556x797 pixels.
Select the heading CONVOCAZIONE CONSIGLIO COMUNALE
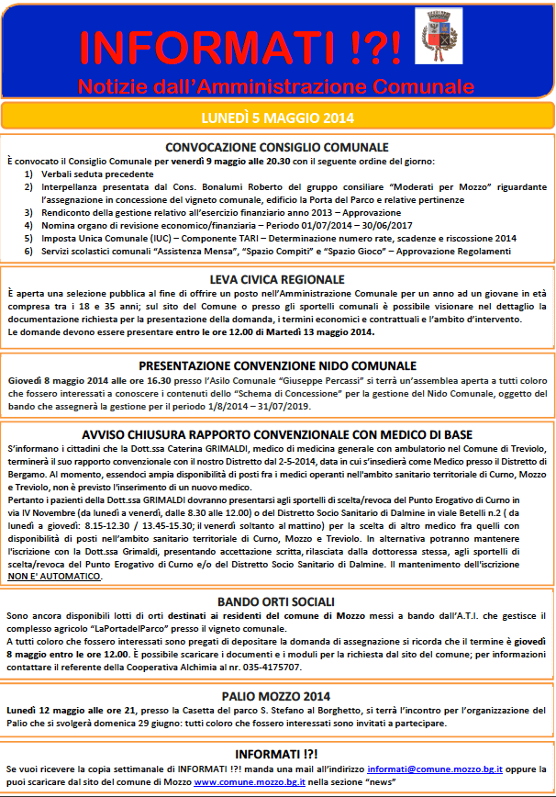[x=276, y=147]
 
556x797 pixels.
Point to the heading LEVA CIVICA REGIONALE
[x=276, y=279]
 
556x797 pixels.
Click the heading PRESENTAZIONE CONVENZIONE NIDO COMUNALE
[x=276, y=365]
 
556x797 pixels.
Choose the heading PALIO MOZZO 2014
[x=276, y=696]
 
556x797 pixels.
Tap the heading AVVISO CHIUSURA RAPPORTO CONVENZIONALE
[x=276, y=432]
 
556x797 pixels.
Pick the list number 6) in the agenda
[x=29, y=251]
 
